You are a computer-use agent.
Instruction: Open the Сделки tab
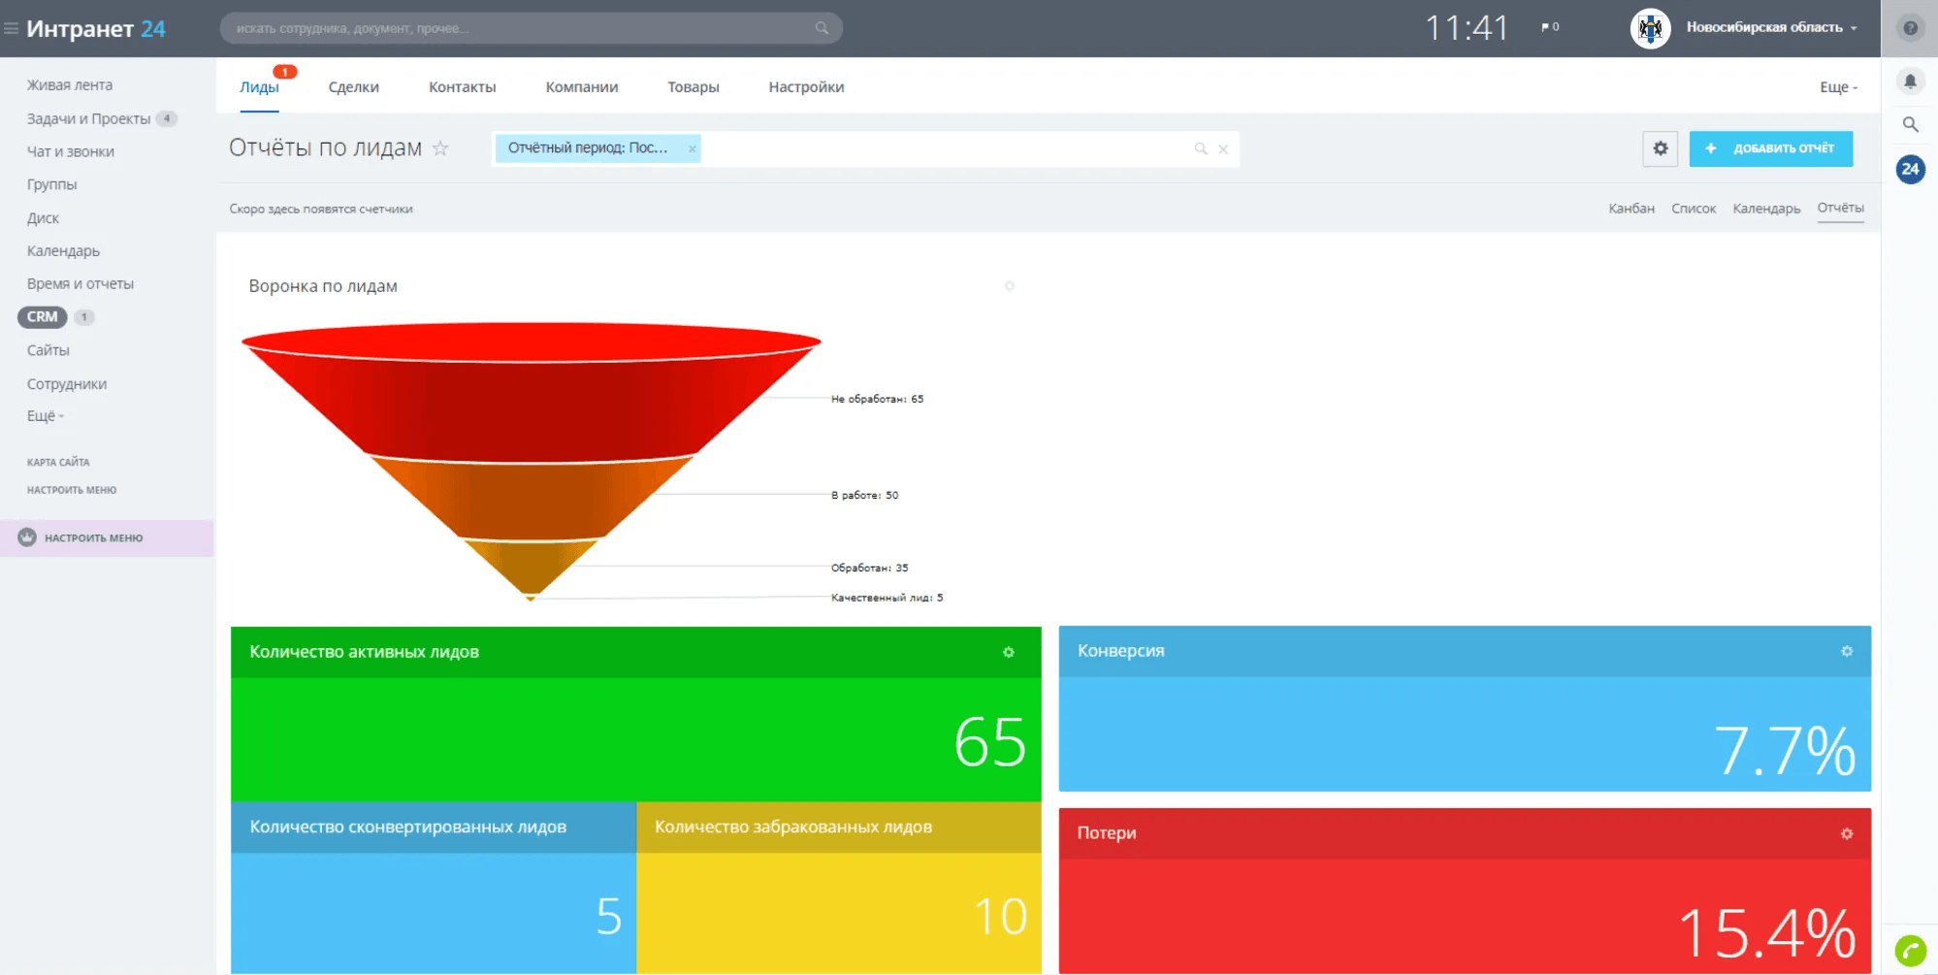point(353,87)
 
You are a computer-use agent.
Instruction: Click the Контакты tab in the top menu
point(462,87)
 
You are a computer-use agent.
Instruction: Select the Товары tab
point(693,87)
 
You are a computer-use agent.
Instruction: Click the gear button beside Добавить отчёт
point(1660,148)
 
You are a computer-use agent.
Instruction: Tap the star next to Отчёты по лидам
point(440,148)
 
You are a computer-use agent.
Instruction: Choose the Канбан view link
point(1631,209)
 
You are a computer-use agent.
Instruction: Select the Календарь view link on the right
point(1765,209)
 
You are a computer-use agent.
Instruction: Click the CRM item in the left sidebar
point(42,317)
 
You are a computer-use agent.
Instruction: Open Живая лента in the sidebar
point(69,85)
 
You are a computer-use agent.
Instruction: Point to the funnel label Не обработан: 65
point(877,399)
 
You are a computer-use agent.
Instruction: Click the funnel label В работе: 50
point(864,495)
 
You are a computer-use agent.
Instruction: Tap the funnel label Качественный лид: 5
point(887,598)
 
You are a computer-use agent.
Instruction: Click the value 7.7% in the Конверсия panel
point(1784,751)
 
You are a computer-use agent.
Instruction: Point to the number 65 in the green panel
point(989,742)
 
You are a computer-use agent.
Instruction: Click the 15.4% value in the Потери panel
point(1766,932)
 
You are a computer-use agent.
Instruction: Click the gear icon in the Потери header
point(1846,833)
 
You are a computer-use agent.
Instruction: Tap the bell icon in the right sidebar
point(1909,81)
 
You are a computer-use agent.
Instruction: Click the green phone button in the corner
point(1910,950)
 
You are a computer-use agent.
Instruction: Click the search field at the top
point(524,28)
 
